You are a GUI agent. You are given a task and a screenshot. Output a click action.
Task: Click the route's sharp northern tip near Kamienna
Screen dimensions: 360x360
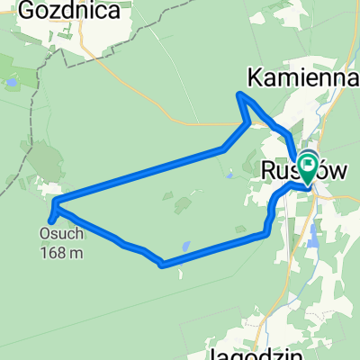click(x=239, y=94)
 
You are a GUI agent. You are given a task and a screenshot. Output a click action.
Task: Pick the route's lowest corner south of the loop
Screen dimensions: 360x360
click(x=161, y=265)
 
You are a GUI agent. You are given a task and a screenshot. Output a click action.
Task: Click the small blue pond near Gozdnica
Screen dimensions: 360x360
click(x=13, y=82)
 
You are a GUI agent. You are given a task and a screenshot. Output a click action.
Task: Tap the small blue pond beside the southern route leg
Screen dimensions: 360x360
click(x=184, y=245)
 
